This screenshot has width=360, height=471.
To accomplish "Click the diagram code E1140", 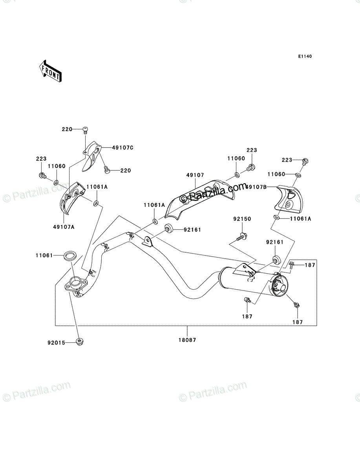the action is coord(305,57).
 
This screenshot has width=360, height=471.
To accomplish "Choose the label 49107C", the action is coord(122,148).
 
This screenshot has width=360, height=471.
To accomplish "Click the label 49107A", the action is coord(64,227).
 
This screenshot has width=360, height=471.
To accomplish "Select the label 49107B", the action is coord(256,187).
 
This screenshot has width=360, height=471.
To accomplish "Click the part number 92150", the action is coord(242,219).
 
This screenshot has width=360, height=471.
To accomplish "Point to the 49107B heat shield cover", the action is coord(288,199).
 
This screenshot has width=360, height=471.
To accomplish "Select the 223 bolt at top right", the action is coord(305,161).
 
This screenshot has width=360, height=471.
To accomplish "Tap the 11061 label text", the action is coord(44,256).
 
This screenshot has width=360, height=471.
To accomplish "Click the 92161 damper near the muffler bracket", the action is coord(276,260).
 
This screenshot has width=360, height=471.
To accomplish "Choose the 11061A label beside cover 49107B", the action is coord(300,219).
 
